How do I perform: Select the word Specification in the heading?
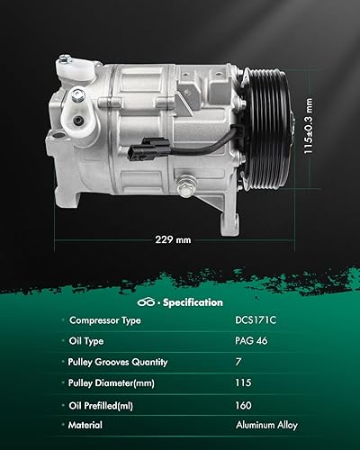coord(192,302)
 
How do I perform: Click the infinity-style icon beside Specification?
coord(148,302)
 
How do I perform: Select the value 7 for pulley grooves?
coord(238,362)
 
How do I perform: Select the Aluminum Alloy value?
coord(266,425)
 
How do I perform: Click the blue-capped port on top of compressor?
coord(66,61)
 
